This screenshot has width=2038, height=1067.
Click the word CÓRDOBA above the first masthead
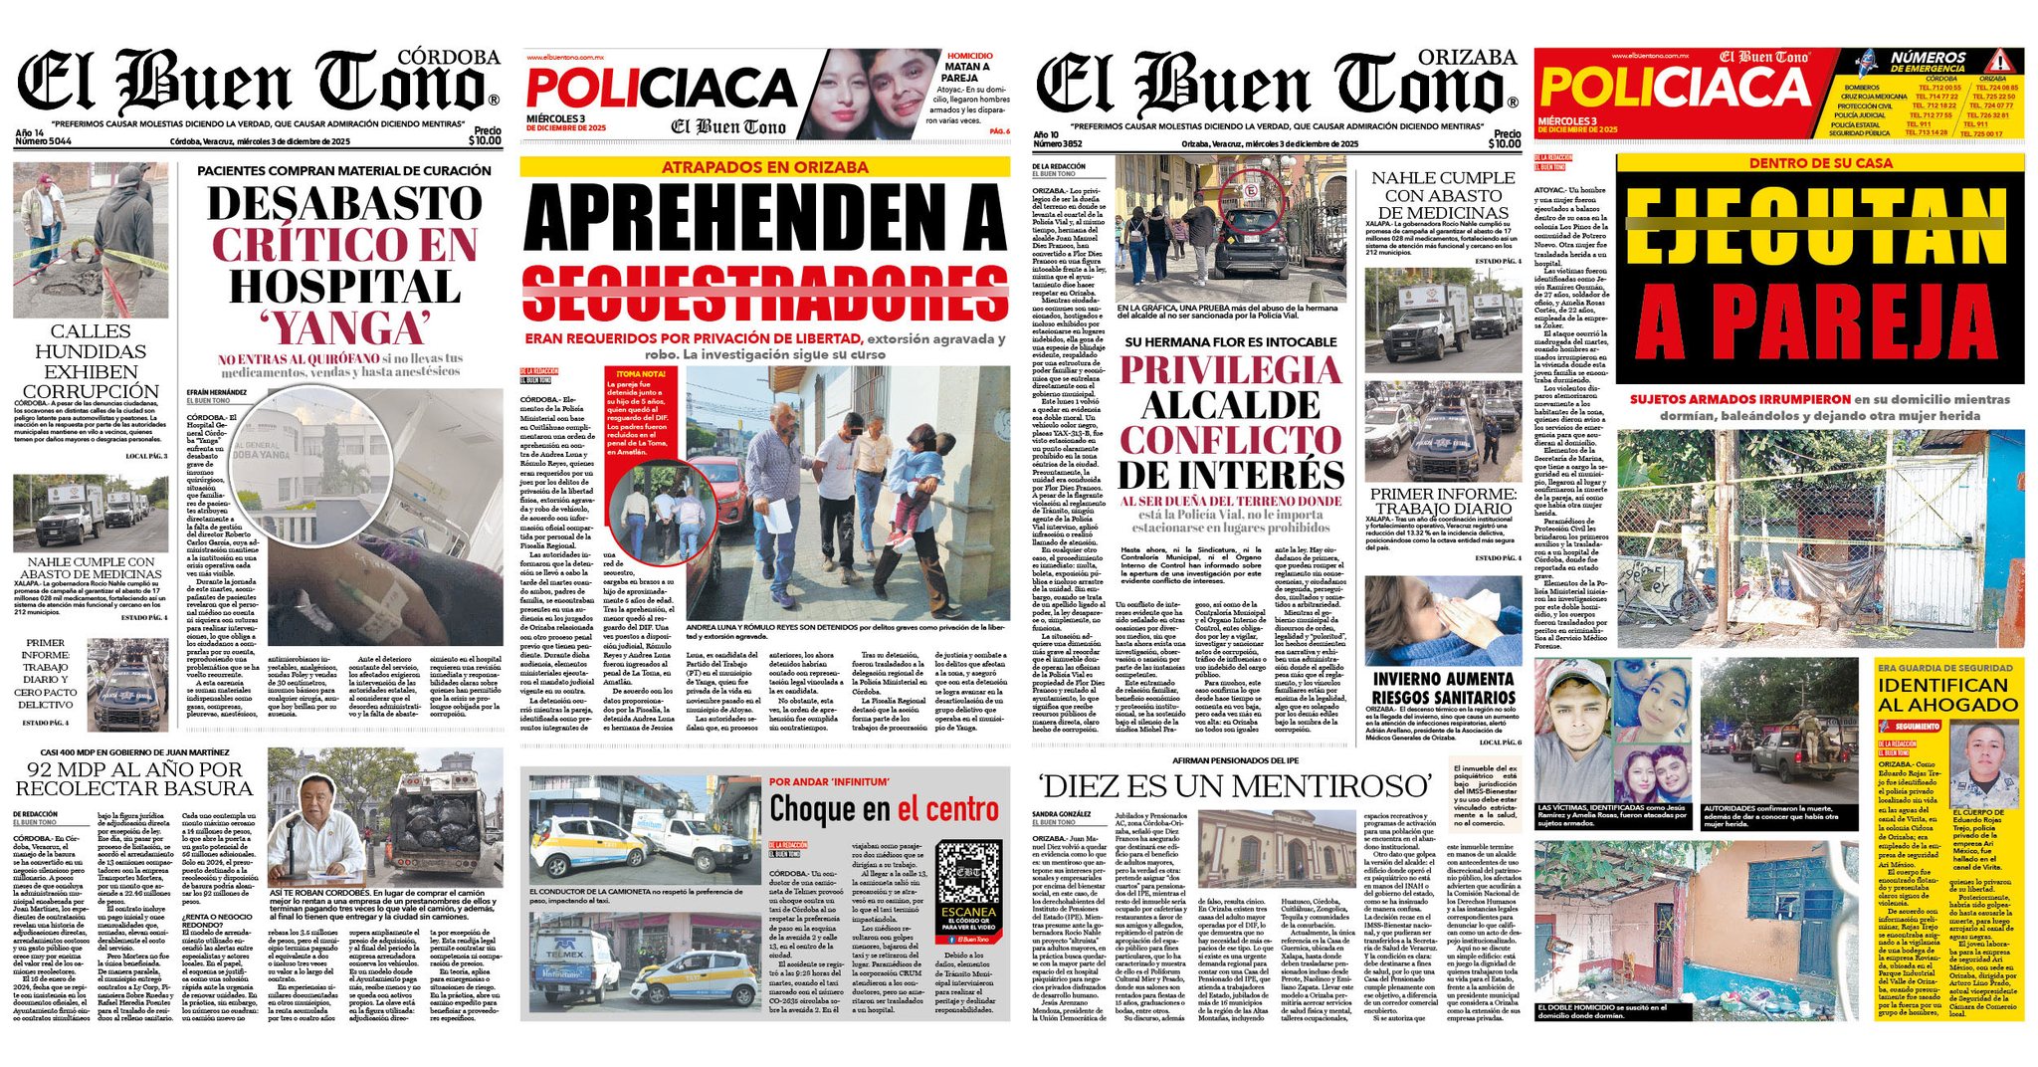(448, 58)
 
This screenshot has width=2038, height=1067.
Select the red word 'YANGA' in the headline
(344, 327)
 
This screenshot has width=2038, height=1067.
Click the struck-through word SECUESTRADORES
(764, 295)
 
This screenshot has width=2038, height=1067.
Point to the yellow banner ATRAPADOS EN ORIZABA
(764, 167)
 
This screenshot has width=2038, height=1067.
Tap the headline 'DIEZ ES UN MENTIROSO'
(1234, 786)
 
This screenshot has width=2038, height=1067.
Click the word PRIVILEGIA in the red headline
(1231, 369)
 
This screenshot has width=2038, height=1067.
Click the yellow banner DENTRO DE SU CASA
(1820, 163)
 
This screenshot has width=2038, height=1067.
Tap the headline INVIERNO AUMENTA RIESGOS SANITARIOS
(1444, 688)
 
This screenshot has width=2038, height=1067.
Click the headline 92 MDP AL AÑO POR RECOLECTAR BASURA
(134, 778)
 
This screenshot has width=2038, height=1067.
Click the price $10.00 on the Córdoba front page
(485, 141)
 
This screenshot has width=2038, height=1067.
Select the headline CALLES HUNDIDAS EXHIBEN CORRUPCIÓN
(90, 360)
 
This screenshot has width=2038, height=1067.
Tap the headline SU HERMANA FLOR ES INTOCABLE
(1231, 341)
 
